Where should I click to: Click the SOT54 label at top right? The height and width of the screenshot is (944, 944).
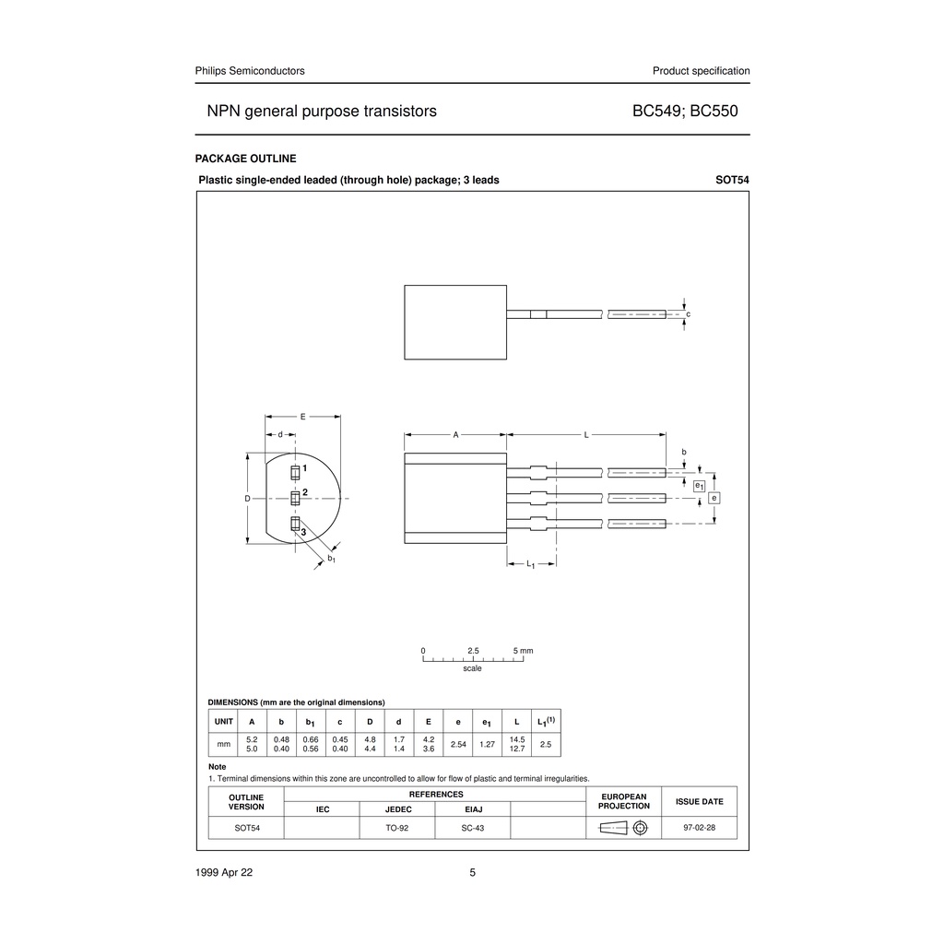tap(732, 180)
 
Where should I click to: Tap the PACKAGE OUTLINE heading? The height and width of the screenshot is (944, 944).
tap(246, 159)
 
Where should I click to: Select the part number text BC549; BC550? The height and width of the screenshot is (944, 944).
tap(685, 112)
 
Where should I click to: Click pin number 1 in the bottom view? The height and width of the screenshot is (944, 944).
tap(304, 469)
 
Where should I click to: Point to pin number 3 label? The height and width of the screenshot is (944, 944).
tap(302, 532)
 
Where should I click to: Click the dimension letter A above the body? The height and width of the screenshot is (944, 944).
tap(455, 433)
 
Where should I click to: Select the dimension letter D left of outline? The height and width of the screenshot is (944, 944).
tap(247, 498)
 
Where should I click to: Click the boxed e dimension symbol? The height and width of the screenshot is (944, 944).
tap(714, 498)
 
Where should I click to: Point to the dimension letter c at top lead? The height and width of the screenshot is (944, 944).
tap(688, 314)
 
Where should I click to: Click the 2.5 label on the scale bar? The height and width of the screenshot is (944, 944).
tap(473, 651)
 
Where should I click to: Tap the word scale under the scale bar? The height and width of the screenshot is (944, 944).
tap(472, 668)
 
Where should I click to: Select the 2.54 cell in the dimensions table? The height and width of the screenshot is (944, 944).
tap(458, 743)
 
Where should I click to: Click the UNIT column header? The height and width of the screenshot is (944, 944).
tap(224, 721)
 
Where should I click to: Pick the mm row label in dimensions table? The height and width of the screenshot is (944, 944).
tap(223, 743)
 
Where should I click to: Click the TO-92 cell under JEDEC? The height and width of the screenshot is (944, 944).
tap(397, 828)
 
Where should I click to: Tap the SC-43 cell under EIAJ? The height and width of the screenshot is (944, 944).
tap(473, 828)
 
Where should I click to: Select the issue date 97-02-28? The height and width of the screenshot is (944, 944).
tap(699, 828)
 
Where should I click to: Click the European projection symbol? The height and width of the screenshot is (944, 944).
tap(624, 828)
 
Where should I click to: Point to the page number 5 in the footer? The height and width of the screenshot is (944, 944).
tap(473, 873)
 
